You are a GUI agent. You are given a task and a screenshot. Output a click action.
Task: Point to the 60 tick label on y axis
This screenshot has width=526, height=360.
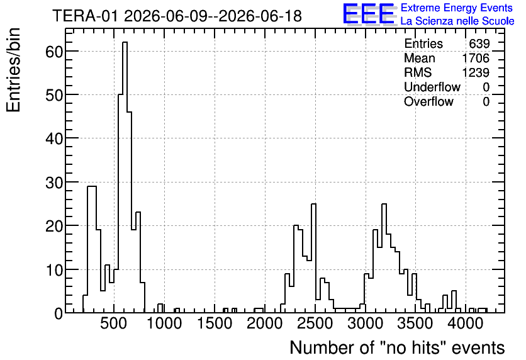(x=54, y=52)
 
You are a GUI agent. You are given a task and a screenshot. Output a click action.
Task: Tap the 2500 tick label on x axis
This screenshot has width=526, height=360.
(x=315, y=323)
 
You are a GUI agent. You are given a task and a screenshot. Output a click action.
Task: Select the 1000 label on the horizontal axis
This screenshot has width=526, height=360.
(x=164, y=323)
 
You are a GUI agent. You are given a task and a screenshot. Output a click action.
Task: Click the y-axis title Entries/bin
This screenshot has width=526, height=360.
(x=13, y=70)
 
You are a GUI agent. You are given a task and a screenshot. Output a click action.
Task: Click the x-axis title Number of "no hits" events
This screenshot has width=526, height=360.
(x=397, y=347)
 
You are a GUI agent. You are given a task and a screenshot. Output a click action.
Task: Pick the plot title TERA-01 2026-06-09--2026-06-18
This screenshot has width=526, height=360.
(x=177, y=16)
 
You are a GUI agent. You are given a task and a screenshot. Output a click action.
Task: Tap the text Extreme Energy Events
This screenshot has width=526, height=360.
(x=457, y=8)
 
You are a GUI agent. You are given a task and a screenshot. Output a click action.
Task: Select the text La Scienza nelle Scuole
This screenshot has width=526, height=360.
(x=457, y=21)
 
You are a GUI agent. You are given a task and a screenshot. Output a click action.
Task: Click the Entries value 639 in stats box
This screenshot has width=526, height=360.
(x=479, y=43)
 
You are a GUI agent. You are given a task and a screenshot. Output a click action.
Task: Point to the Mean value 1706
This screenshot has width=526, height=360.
(x=476, y=58)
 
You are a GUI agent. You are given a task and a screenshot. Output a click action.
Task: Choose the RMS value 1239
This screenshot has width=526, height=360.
(x=476, y=72)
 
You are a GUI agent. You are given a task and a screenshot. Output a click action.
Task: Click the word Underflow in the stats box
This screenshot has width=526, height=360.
(x=432, y=87)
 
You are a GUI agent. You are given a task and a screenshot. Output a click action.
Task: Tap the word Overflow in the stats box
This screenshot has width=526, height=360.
(x=428, y=101)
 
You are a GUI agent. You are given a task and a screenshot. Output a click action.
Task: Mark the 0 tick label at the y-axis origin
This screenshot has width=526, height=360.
(x=59, y=314)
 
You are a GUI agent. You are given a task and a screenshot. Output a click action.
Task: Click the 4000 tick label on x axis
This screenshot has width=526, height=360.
(x=466, y=323)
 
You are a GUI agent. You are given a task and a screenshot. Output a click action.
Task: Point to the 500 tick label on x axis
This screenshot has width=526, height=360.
(x=114, y=323)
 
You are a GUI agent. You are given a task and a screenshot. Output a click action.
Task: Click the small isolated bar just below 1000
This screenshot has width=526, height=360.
(x=160, y=308)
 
